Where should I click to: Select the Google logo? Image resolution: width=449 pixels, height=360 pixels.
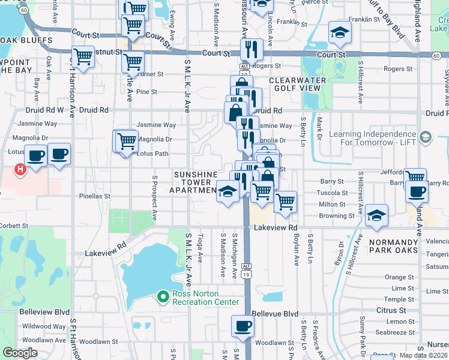20,353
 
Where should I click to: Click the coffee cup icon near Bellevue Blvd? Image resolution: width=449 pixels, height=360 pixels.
243,326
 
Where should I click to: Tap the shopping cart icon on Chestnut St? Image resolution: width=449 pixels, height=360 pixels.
83,57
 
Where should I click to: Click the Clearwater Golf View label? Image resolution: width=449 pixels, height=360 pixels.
298,84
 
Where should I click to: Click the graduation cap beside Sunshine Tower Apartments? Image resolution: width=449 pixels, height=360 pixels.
228,193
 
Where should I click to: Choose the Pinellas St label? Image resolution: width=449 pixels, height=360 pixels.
95,196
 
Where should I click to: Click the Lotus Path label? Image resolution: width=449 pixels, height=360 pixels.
152,154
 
